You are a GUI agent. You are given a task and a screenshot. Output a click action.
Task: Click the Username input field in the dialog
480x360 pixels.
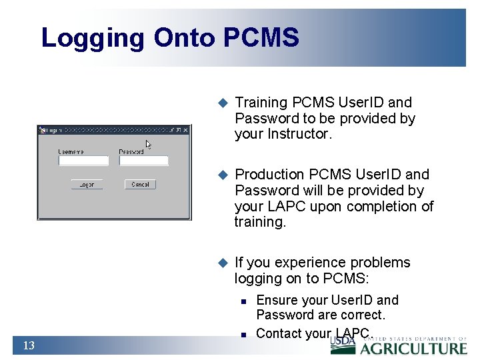pos(83,161)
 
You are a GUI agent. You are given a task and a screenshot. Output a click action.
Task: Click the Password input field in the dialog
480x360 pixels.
pos(143,161)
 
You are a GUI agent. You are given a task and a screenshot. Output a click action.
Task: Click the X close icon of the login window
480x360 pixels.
pos(185,131)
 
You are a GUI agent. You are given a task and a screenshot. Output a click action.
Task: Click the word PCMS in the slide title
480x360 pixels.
pos(261,38)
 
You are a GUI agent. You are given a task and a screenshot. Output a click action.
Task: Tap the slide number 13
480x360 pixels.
pos(29,345)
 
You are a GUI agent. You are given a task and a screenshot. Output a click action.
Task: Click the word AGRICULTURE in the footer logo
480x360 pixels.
pos(414,348)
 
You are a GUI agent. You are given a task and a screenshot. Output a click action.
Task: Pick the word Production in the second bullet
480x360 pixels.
pos(269,175)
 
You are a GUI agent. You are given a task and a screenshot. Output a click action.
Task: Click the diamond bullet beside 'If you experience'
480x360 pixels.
pos(223,263)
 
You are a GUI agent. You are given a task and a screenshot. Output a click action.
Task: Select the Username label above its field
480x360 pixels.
pos(71,152)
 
